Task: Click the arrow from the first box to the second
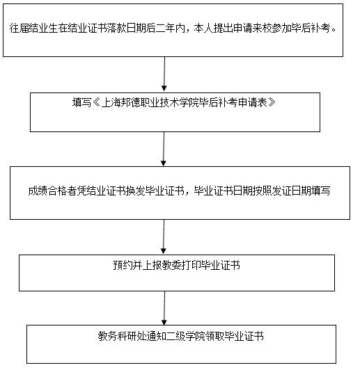(164, 74)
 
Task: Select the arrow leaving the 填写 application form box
(164, 149)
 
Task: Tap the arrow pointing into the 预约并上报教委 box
(164, 236)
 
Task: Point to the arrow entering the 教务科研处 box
(164, 308)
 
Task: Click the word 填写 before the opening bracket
(81, 103)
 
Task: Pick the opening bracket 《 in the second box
(96, 103)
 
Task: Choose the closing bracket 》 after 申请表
(272, 103)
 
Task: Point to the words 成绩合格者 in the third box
(52, 191)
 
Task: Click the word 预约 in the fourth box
(123, 265)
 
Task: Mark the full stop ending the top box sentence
(334, 31)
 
